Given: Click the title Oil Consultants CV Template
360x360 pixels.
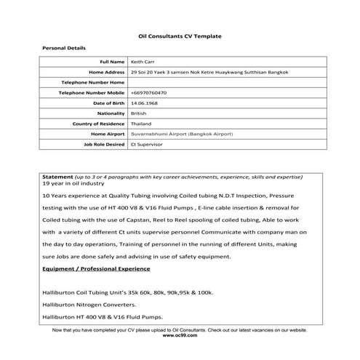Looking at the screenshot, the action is click(180, 36).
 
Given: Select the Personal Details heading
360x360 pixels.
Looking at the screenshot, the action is click(64, 48).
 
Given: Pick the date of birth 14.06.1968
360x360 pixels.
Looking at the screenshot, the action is click(143, 104).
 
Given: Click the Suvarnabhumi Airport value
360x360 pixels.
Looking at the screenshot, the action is click(172, 135).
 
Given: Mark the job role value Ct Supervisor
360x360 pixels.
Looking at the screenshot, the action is click(145, 145).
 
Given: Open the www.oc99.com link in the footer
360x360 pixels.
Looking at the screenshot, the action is click(180, 337).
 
